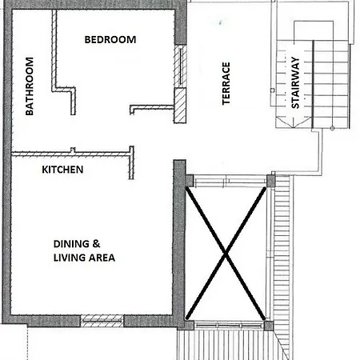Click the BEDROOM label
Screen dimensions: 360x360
(x=110, y=40)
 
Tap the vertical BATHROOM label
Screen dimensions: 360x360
(x=30, y=86)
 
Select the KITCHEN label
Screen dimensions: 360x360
(x=62, y=170)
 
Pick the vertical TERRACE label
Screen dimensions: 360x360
(x=226, y=83)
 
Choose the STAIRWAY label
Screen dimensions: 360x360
(x=295, y=82)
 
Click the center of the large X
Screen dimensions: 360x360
(x=226, y=254)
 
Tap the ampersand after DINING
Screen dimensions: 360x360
(x=96, y=244)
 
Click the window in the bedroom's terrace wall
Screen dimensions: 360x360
(x=181, y=66)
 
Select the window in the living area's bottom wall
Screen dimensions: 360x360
(x=102, y=321)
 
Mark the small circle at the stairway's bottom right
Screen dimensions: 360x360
(x=332, y=128)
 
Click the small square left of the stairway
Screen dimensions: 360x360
(x=272, y=90)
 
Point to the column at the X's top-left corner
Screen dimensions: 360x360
(x=190, y=180)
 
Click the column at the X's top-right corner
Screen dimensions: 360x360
(x=270, y=181)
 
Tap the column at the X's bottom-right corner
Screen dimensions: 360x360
(x=269, y=326)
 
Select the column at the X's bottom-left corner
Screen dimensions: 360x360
(x=190, y=325)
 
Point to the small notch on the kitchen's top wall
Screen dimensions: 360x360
(x=73, y=150)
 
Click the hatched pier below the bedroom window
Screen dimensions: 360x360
(x=180, y=106)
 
